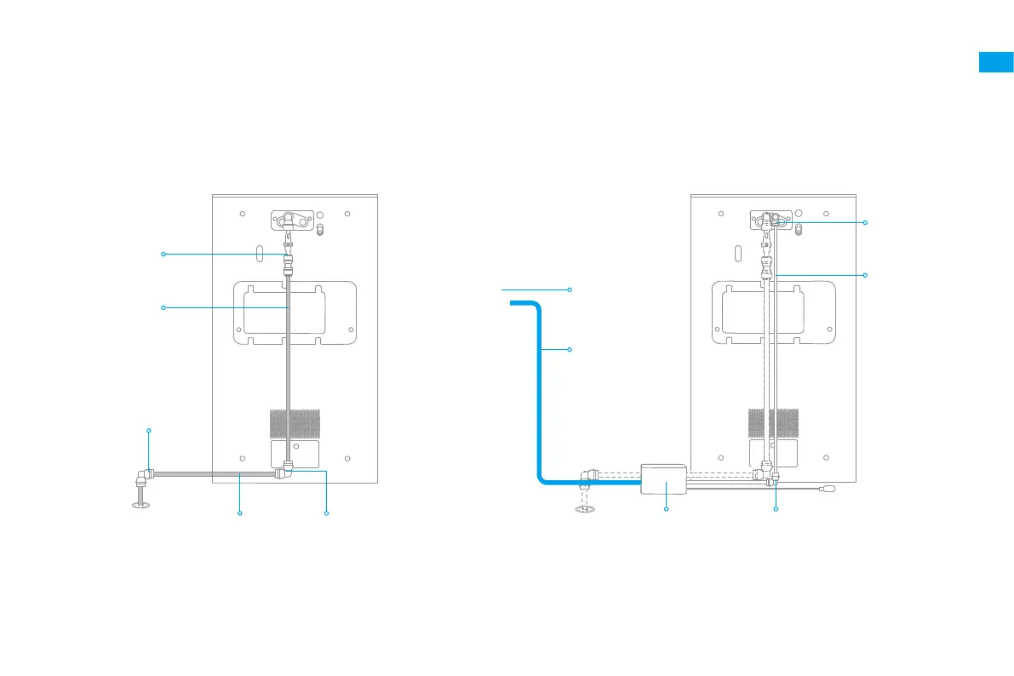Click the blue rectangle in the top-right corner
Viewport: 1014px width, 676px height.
point(995,62)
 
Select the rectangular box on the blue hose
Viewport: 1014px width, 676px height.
point(663,479)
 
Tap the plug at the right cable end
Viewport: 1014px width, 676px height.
point(828,489)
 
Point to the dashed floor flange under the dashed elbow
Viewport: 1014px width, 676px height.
point(584,509)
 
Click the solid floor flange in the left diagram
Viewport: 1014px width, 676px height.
point(140,504)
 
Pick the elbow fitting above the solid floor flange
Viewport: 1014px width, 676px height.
point(146,475)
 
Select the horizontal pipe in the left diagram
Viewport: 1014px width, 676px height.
point(213,473)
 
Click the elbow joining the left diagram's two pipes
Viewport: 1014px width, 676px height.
point(286,470)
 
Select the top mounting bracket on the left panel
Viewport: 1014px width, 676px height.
point(294,221)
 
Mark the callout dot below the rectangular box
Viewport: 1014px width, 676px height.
point(666,509)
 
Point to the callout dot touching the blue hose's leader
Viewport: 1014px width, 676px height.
point(569,350)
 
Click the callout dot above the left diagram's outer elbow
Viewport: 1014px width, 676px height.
point(149,431)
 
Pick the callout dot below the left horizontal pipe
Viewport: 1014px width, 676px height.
point(240,513)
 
